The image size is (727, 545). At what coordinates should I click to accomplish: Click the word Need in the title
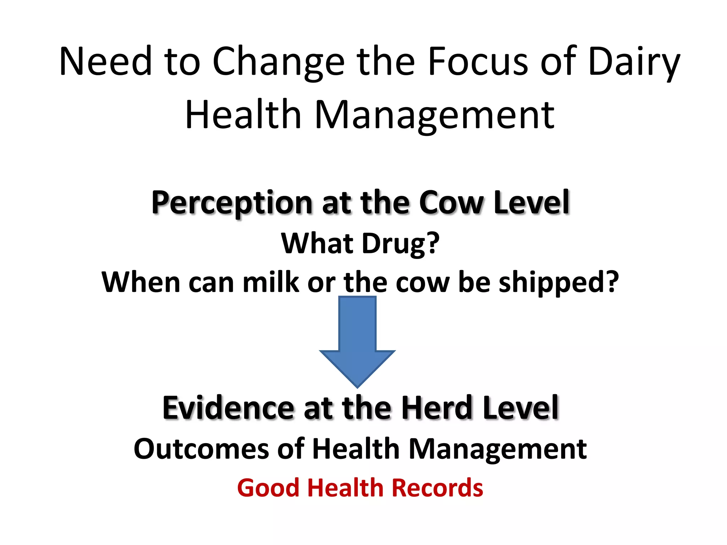pos(105,61)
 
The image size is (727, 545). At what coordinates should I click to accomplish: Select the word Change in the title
pos(278,61)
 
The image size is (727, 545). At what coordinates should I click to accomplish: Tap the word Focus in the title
pos(478,61)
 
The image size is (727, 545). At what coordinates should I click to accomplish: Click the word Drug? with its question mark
pos(401,244)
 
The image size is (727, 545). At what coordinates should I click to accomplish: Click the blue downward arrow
pos(357,341)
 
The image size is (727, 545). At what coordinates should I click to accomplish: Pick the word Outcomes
pos(201,449)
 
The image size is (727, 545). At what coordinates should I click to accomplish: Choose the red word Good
pos(268,488)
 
